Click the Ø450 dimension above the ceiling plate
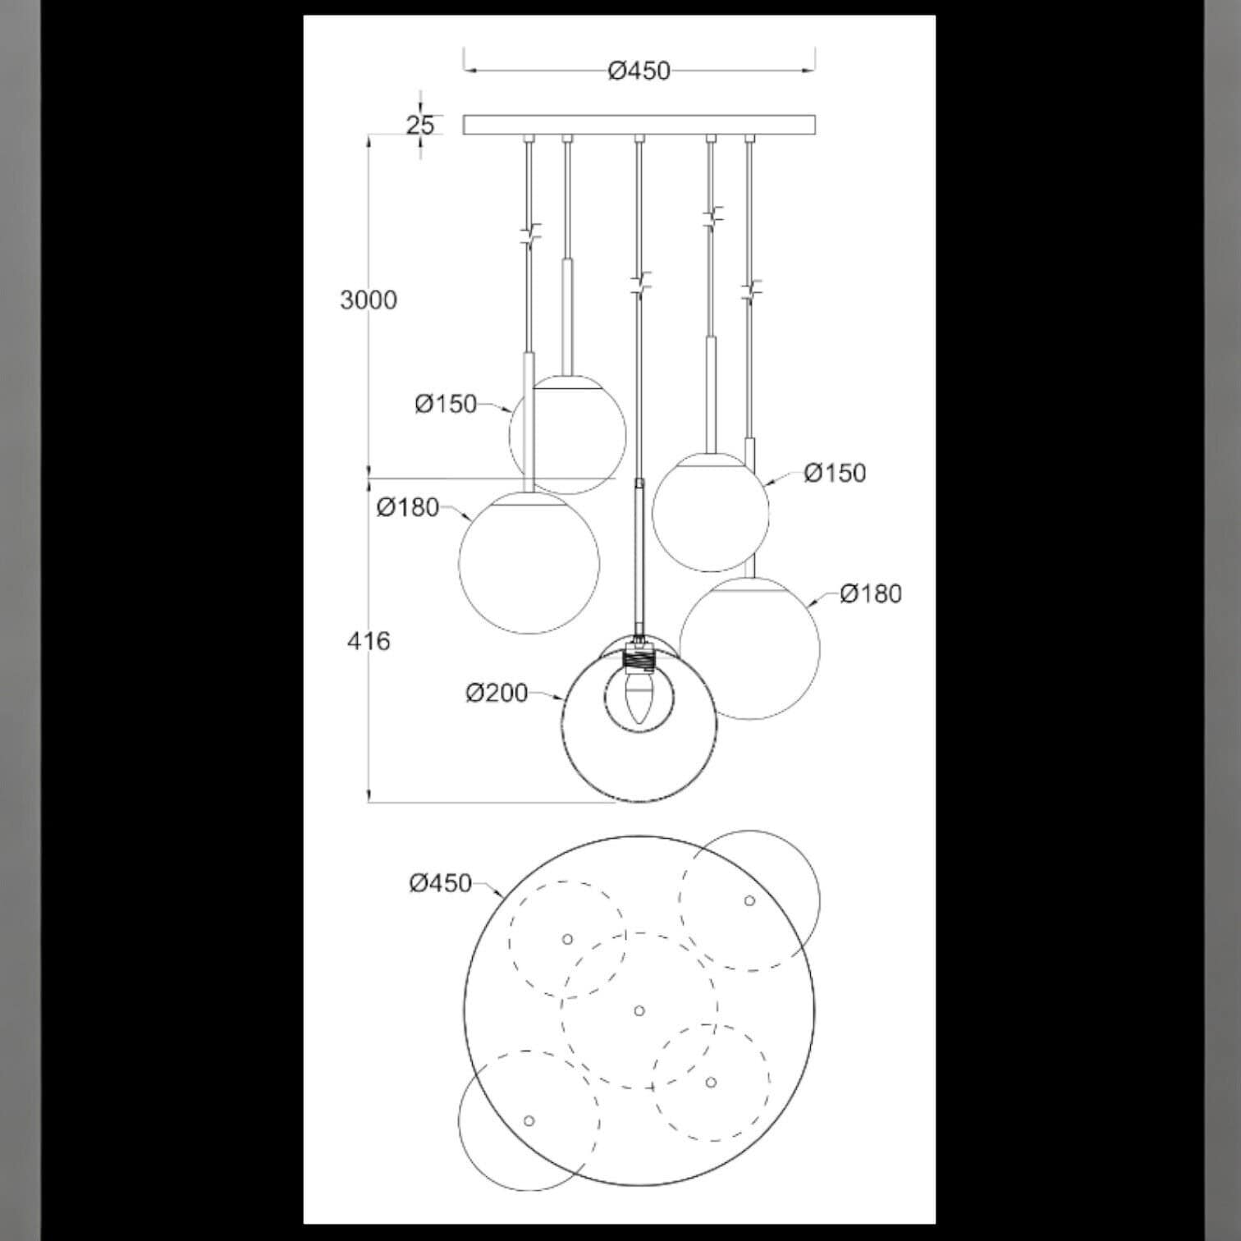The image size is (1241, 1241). pos(639,71)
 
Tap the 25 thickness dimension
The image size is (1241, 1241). pos(420,125)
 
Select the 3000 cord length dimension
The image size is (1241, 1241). pos(369,300)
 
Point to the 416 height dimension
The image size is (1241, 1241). pos(369,641)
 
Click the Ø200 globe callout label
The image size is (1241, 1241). pos(497,694)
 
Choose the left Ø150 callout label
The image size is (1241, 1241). pos(446,404)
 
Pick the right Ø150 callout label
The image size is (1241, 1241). pos(836,473)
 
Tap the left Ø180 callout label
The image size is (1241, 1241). pos(408,507)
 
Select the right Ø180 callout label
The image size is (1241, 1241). pos(871,593)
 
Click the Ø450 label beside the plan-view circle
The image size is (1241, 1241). pos(441,883)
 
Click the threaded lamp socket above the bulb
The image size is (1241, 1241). pos(639,657)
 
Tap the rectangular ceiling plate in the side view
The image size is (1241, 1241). pos(639,125)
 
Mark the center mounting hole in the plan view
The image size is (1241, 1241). pos(639,1010)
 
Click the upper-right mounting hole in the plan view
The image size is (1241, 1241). pos(749,900)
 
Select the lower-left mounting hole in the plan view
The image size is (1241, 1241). pos(529,1121)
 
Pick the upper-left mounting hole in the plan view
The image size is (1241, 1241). pos(567,939)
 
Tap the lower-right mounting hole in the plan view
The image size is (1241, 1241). pos(711,1083)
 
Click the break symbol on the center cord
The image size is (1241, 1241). pos(639,284)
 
